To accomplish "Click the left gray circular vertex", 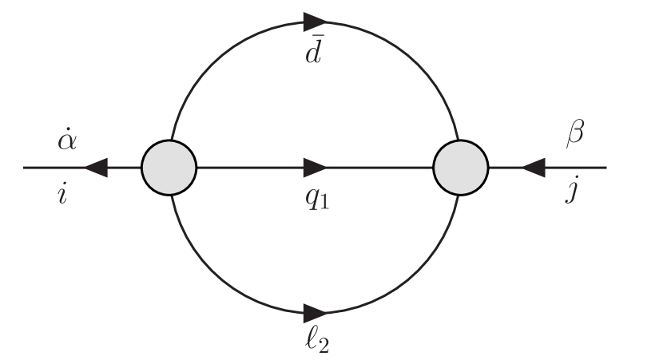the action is pos(169,168).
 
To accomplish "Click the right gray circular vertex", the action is pos(461,168).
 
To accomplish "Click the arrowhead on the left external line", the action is pos(96,168).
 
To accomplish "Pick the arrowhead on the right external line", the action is pos(533,168).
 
